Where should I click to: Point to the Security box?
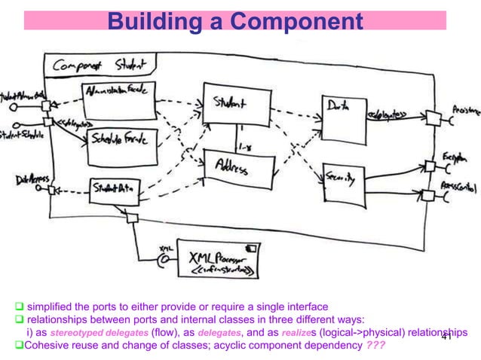pos(342,178)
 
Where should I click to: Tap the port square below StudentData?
pos(131,218)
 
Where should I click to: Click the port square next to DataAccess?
pos(51,191)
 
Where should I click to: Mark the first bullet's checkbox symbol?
pos(20,307)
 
